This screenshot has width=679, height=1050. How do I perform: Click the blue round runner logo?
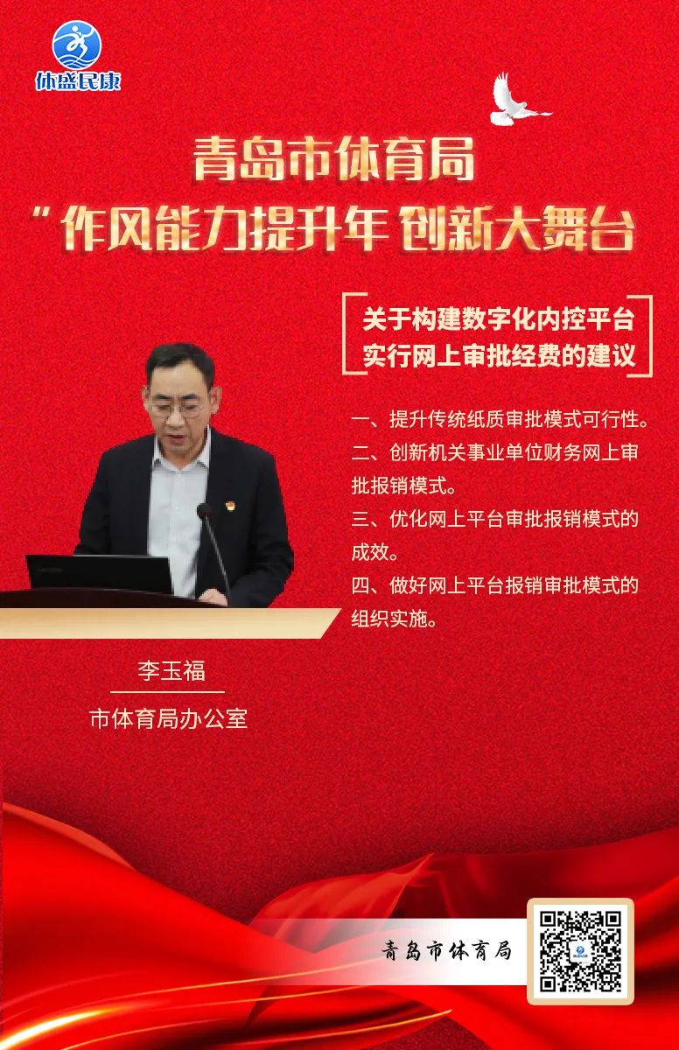77,45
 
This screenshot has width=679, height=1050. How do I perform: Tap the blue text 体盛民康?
78,81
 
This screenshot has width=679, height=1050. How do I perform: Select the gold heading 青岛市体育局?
334,160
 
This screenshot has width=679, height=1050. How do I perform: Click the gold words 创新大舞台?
518,229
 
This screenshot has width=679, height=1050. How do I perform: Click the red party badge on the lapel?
230,506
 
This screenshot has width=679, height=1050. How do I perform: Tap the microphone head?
204,510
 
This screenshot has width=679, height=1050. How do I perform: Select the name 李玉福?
171,671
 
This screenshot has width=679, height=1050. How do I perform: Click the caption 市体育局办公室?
168,719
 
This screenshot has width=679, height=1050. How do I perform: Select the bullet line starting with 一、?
500,419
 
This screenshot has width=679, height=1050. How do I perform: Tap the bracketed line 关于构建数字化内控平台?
499,319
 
